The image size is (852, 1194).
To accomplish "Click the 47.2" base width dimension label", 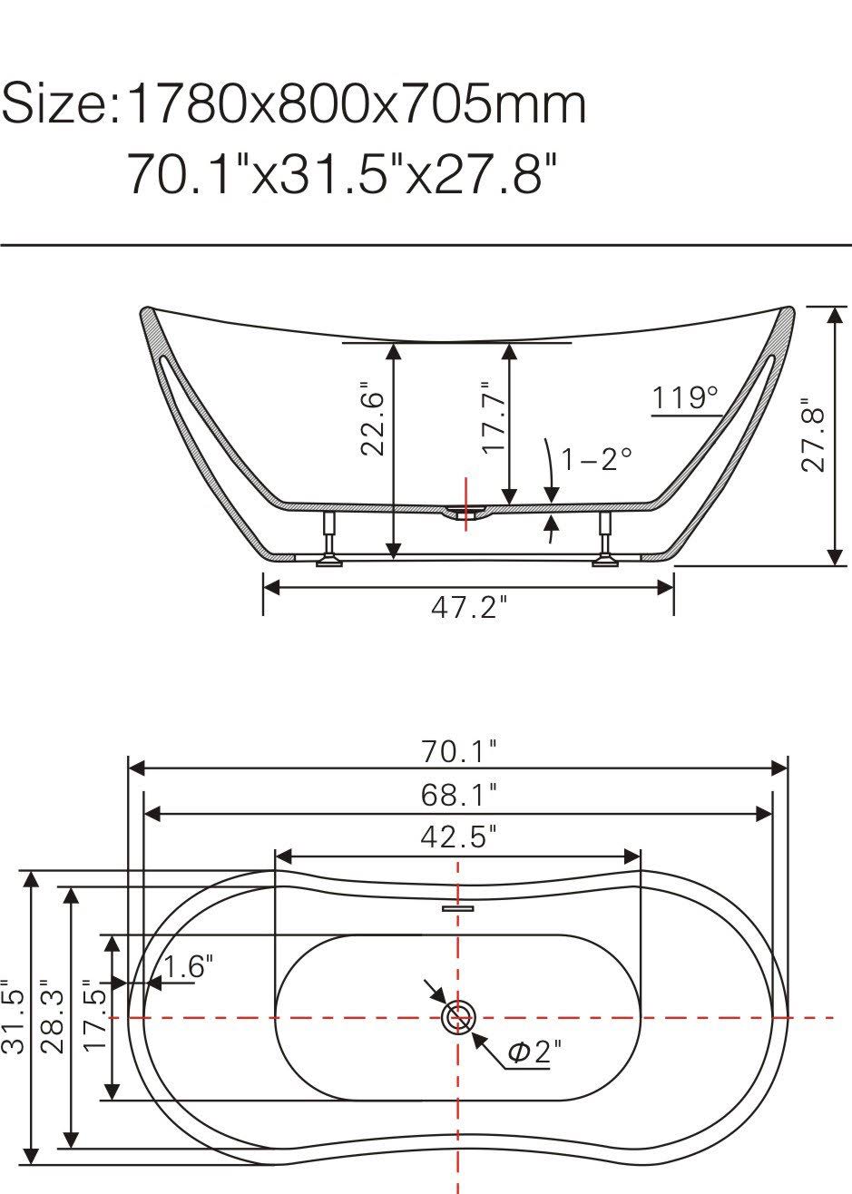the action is click(469, 608).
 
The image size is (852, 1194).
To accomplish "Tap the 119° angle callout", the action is click(685, 397).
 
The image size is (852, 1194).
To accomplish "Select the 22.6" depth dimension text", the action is click(372, 418).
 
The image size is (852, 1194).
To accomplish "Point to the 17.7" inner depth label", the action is click(493, 417).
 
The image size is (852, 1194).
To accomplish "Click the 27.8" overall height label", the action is click(813, 435).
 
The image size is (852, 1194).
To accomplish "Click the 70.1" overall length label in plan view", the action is click(459, 752).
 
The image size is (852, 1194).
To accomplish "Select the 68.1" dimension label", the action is click(458, 795).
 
